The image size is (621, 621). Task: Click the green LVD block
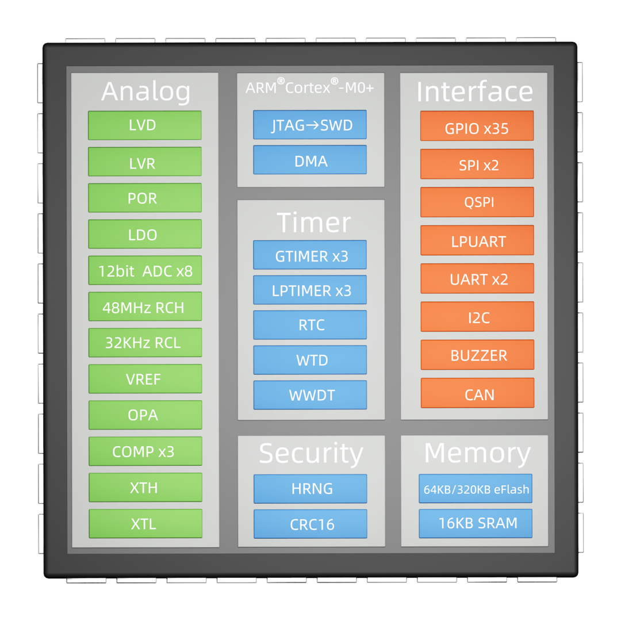pyautogui.click(x=144, y=125)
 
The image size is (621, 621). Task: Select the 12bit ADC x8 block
pyautogui.click(x=144, y=270)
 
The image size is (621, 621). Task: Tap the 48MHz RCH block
pyautogui.click(x=144, y=307)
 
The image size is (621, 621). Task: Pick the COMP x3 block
pyautogui.click(x=144, y=451)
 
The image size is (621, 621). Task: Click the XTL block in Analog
pyautogui.click(x=144, y=524)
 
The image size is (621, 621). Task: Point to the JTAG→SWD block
pyautogui.click(x=310, y=125)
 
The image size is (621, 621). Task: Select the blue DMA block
pyautogui.click(x=310, y=160)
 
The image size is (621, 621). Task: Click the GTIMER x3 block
pyautogui.click(x=310, y=255)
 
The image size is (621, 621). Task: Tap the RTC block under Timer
pyautogui.click(x=310, y=325)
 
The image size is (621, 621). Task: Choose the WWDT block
pyautogui.click(x=310, y=395)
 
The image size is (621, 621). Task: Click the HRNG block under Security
pyautogui.click(x=310, y=489)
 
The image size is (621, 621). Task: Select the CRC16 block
pyautogui.click(x=310, y=524)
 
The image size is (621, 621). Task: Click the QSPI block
pyautogui.click(x=477, y=202)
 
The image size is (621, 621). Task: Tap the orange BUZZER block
pyautogui.click(x=477, y=355)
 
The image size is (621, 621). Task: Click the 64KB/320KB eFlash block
pyautogui.click(x=476, y=489)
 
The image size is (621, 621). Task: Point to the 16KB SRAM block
pyautogui.click(x=476, y=523)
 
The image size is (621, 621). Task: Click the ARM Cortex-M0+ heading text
pyautogui.click(x=310, y=87)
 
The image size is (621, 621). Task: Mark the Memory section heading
pyautogui.click(x=477, y=454)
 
